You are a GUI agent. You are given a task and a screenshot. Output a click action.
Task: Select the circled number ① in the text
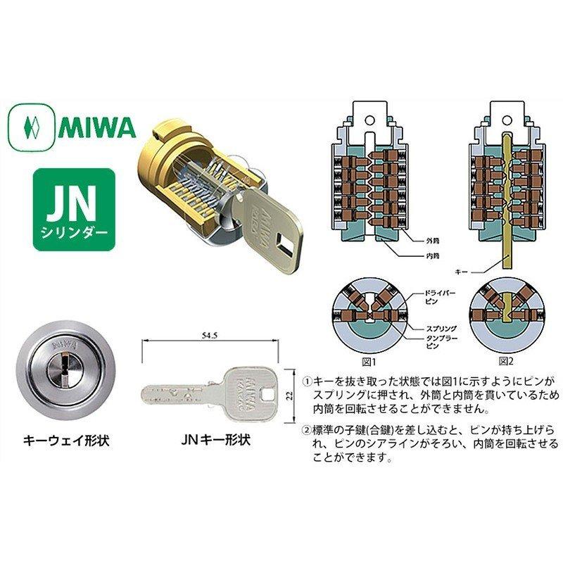coord(307,381)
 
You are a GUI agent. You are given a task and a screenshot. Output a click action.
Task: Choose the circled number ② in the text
coord(307,430)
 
